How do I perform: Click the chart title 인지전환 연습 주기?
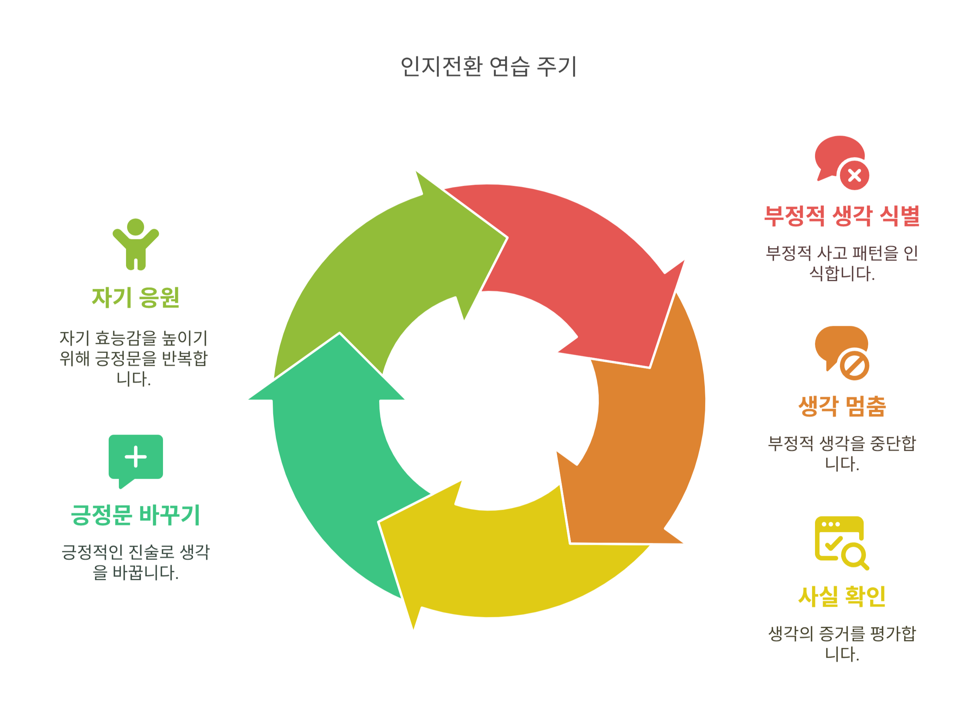(x=489, y=67)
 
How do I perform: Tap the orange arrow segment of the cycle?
(x=647, y=432)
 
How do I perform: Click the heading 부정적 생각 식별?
(x=841, y=216)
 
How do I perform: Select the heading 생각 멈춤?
(x=842, y=407)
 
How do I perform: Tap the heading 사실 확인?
(x=842, y=597)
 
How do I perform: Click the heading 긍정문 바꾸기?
(x=135, y=515)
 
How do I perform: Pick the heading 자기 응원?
(x=135, y=298)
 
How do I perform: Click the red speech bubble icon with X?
(x=841, y=163)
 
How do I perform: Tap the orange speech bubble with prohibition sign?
(x=841, y=353)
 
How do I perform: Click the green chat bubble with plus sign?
(x=135, y=459)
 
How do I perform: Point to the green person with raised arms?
(x=136, y=245)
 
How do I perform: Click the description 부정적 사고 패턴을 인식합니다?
(x=842, y=263)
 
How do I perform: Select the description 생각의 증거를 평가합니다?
(x=842, y=644)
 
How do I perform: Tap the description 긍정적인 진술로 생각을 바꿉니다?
(x=135, y=562)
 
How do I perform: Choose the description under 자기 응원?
(x=134, y=358)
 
